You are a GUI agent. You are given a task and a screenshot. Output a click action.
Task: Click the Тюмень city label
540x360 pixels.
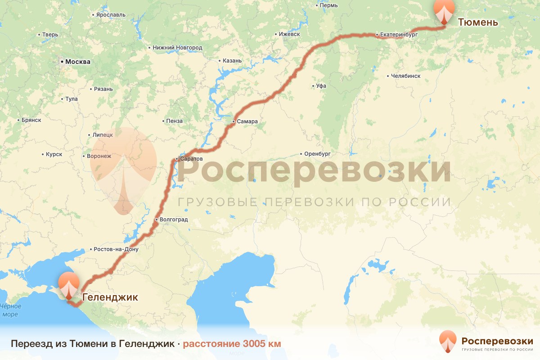(x=477, y=22)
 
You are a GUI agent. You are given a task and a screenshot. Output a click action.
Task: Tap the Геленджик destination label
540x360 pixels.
(x=110, y=297)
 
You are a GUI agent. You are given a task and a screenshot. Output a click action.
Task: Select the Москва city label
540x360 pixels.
(x=77, y=62)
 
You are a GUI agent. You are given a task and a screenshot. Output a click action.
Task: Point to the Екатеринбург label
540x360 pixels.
(x=399, y=34)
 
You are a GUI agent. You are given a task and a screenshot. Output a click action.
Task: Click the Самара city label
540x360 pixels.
(x=247, y=121)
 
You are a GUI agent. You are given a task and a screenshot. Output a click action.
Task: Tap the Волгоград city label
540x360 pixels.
(x=173, y=220)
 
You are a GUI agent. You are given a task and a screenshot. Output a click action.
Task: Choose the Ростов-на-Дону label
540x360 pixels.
(x=116, y=249)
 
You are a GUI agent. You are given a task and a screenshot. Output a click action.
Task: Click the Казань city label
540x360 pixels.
(x=232, y=61)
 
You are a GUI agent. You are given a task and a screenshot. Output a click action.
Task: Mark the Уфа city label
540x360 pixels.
(x=321, y=86)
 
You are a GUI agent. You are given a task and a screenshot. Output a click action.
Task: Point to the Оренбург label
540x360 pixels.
(x=320, y=153)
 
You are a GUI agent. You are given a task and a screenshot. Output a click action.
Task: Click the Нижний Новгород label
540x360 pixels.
(x=177, y=47)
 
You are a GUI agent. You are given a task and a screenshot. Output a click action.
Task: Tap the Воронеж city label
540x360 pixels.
(x=99, y=156)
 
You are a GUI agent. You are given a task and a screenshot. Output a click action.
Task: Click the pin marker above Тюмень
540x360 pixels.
(x=443, y=10)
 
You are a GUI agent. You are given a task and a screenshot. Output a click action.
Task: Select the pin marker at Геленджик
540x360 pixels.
(x=69, y=285)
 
